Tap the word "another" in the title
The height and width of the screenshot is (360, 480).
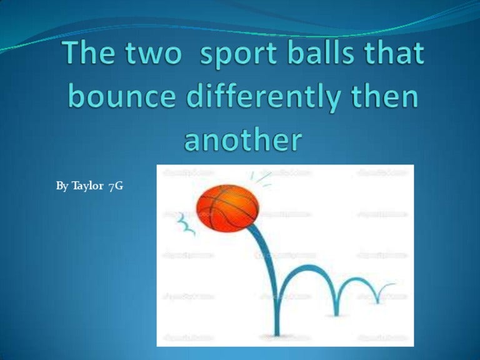tap(242, 140)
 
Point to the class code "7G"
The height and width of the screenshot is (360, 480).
tap(116, 186)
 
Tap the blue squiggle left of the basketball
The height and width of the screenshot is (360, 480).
tap(186, 223)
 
